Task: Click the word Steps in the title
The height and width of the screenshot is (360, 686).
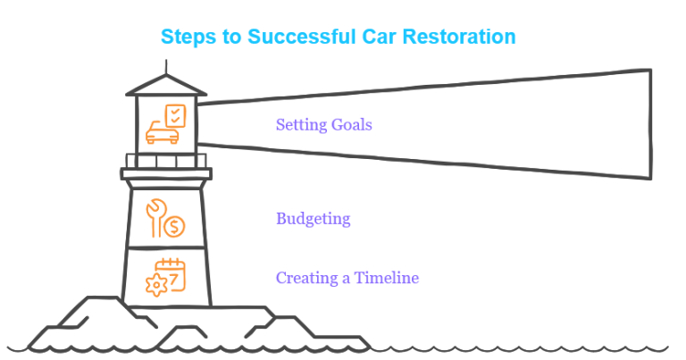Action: point(189,37)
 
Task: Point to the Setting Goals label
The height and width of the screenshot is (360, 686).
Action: point(323,125)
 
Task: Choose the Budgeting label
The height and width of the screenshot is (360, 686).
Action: point(314,219)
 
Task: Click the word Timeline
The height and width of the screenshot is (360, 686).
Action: point(386,278)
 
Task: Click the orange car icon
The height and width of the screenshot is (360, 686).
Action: point(162,133)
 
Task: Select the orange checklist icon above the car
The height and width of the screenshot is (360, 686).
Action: point(175,116)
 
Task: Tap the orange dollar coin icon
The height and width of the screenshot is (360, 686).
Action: point(174,227)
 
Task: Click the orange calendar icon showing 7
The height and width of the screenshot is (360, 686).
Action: point(171,274)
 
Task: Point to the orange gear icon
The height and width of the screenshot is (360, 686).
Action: point(156,286)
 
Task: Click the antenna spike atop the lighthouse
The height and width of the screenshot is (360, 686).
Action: point(166,67)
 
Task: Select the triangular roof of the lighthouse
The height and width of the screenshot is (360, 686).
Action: point(166,85)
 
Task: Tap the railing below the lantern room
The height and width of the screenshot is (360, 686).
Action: point(166,161)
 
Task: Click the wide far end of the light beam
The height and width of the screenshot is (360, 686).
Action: point(650,124)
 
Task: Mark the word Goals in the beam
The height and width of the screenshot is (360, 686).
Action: point(351,125)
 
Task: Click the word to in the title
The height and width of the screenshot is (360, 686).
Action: point(232,37)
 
